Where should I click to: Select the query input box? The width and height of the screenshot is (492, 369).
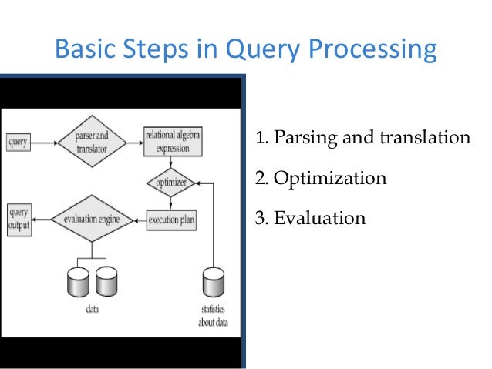(19, 143)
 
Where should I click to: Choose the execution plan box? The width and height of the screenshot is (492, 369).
(171, 220)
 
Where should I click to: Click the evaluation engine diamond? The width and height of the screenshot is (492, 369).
(92, 220)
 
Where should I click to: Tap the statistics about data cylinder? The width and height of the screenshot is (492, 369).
(211, 285)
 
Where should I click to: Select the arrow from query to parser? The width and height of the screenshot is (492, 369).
(45, 143)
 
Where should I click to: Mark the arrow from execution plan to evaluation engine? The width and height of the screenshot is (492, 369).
(137, 220)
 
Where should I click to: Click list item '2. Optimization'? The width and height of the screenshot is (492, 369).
(320, 179)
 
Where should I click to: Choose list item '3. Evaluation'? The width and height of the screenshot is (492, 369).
(310, 219)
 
